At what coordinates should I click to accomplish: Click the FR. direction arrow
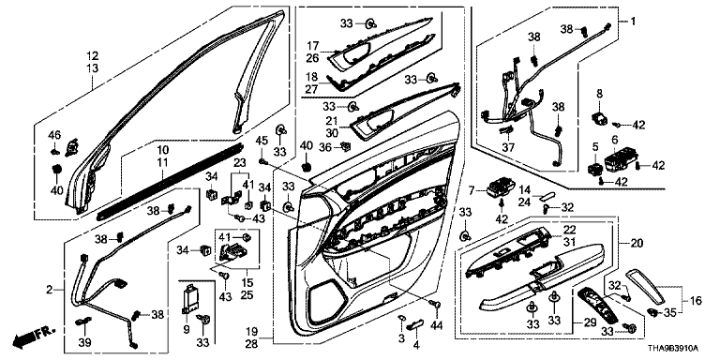34,336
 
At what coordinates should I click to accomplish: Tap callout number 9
186,329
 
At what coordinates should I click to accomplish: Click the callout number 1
633,22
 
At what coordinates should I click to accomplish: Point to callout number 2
48,290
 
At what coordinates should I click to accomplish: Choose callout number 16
697,301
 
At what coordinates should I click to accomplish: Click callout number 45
262,140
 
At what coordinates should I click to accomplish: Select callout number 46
54,135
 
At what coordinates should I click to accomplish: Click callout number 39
85,342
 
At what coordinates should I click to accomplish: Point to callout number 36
325,147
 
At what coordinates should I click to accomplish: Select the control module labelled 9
192,299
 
